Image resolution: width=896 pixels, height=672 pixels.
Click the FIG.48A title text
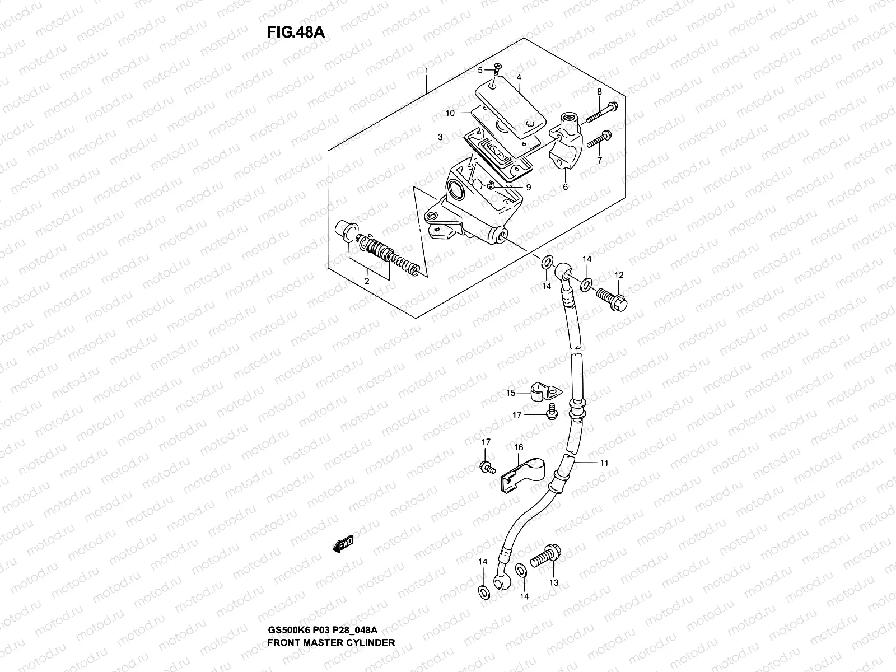295,32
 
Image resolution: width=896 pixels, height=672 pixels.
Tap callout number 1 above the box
426,71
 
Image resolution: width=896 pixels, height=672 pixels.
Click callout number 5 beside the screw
480,70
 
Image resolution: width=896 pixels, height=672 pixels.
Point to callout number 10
450,113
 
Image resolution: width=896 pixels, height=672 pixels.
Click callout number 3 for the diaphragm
441,137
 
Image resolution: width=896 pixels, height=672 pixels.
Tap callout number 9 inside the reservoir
528,187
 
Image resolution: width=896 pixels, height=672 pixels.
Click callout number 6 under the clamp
565,187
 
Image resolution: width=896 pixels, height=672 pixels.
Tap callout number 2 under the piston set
367,281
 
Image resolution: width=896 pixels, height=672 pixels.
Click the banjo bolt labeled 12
612,297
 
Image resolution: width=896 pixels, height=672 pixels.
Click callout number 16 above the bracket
519,447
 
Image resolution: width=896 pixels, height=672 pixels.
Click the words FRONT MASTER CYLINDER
331,658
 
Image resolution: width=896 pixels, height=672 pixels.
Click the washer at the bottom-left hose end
483,591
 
